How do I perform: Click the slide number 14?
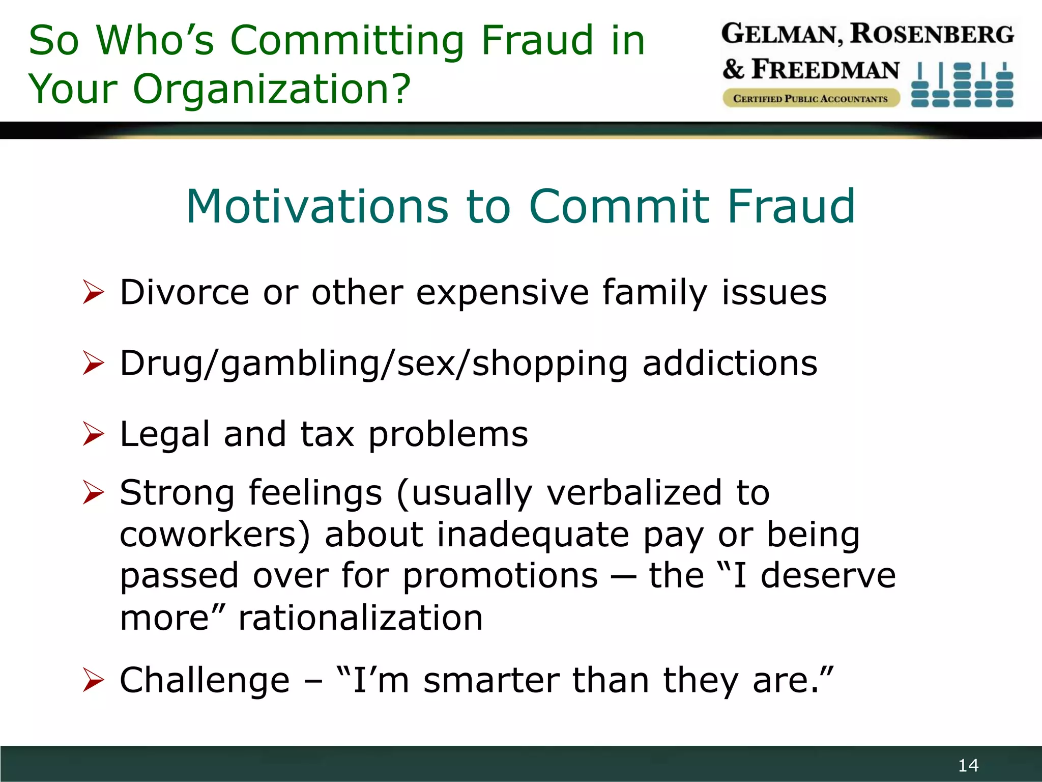(x=968, y=765)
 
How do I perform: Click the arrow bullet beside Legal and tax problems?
(x=93, y=434)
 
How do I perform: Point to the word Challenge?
(x=205, y=680)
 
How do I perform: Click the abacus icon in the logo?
(x=962, y=85)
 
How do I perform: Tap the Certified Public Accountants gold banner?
(x=810, y=98)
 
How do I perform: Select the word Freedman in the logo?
(x=825, y=70)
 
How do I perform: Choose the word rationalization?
(x=360, y=618)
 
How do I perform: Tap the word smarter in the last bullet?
(x=490, y=680)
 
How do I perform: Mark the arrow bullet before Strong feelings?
(x=93, y=492)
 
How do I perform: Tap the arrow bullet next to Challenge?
(x=93, y=680)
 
